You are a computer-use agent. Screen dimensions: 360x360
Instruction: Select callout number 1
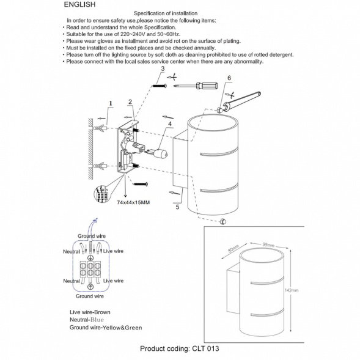pos(110,104)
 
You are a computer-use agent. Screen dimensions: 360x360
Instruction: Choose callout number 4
pos(165,125)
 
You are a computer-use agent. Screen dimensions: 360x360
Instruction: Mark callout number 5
pos(177,207)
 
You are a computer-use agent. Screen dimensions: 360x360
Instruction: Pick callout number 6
pos(229,78)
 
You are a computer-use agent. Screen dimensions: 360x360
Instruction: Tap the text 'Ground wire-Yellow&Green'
pos(106,328)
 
